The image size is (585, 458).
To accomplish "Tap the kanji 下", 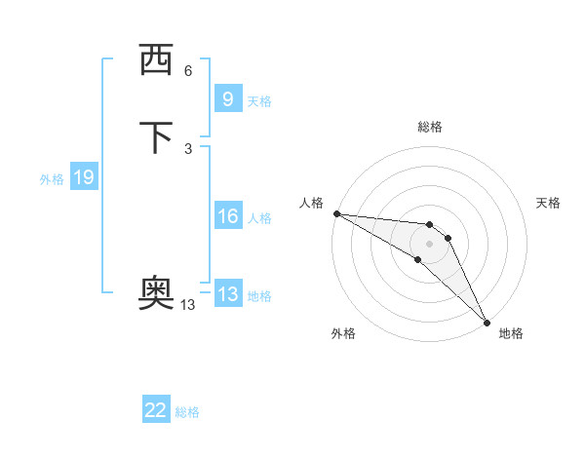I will [156, 137].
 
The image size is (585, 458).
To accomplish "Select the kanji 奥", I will [156, 293].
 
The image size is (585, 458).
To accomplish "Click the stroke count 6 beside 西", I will [188, 71].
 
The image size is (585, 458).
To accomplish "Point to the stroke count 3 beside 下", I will [188, 148].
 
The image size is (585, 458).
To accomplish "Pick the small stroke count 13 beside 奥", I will [188, 305].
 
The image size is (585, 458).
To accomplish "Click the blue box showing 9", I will [227, 98].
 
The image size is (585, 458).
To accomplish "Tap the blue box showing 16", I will [227, 216].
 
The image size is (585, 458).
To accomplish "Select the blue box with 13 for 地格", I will [227, 294].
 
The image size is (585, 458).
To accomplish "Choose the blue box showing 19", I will [84, 177].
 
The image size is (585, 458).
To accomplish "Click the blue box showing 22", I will [156, 410].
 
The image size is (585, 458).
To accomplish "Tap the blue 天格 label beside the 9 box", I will [259, 101].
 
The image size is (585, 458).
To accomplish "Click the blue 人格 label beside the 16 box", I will [259, 218].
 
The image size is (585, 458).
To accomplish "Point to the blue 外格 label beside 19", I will [52, 179].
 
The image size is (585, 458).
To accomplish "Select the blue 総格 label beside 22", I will [187, 412].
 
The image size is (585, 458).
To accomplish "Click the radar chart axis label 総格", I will [430, 127].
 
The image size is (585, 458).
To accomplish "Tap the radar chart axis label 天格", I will [548, 203].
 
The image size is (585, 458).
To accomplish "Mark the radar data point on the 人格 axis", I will [336, 213].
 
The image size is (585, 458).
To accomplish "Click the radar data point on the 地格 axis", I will [487, 321].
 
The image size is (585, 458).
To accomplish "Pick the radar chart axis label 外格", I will [343, 333].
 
